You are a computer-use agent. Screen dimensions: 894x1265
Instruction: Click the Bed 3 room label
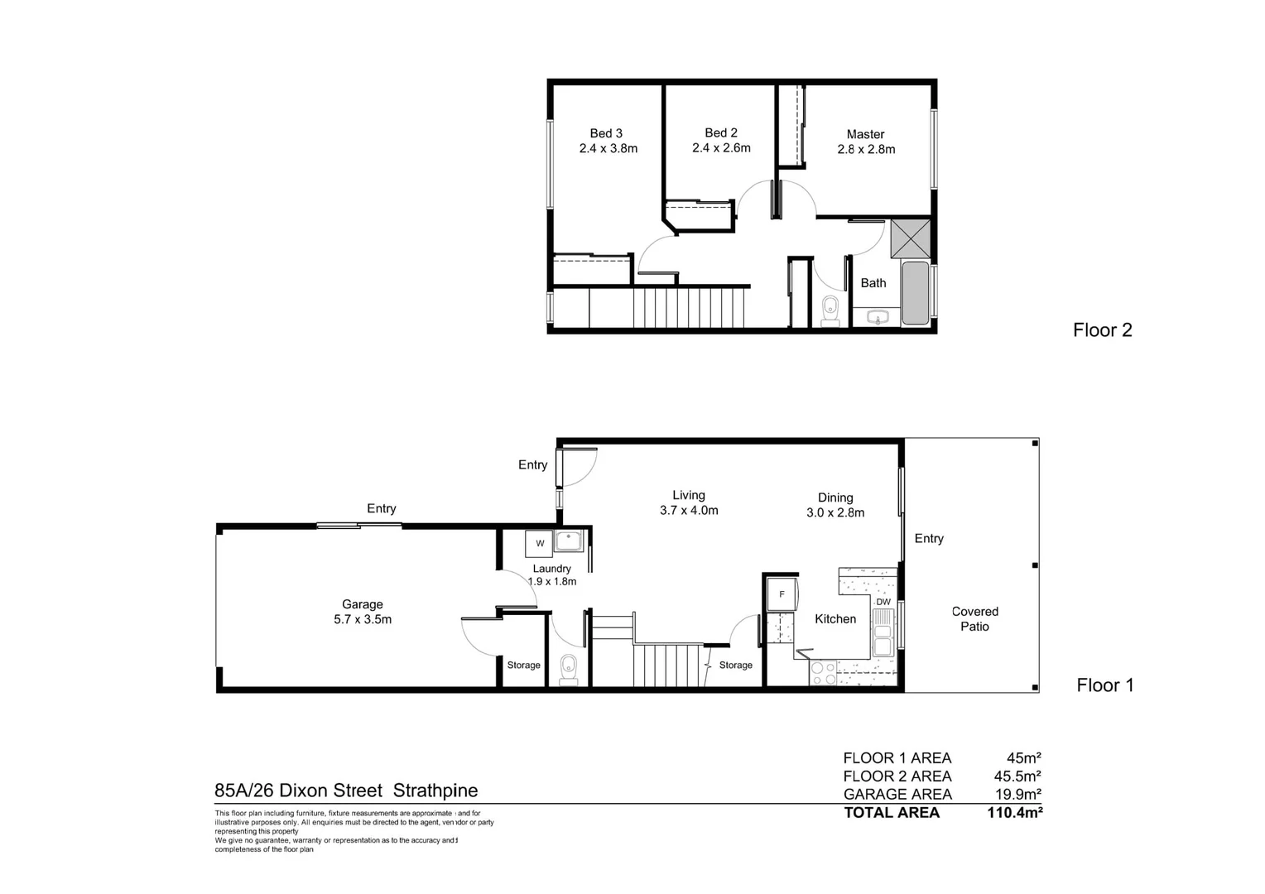606,133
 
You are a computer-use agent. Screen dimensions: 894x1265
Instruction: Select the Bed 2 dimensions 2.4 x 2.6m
721,148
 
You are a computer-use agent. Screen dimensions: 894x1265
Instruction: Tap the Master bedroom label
865,134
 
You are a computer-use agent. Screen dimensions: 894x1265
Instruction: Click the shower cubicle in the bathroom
910,239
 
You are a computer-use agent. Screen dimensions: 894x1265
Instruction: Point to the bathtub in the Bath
915,293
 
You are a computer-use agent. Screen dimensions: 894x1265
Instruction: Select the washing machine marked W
539,544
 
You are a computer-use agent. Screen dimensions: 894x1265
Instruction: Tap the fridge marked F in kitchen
782,594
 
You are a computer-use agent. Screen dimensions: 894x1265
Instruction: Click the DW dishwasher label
883,602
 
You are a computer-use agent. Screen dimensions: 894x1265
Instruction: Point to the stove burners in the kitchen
823,673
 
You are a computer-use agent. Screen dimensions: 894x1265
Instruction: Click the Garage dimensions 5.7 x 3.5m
363,619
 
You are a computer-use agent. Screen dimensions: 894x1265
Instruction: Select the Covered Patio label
974,619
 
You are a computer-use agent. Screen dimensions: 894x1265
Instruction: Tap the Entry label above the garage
382,508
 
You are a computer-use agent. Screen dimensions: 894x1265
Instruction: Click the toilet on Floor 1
568,668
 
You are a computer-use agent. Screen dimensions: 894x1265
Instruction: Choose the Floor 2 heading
1102,330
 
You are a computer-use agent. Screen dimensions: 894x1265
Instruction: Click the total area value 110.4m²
1014,813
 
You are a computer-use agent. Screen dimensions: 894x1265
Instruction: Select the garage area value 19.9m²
1017,795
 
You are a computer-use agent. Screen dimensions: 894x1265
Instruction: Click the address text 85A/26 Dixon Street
298,791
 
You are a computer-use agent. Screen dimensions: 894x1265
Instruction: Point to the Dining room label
835,497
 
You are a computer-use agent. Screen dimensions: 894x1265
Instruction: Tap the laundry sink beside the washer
569,541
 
